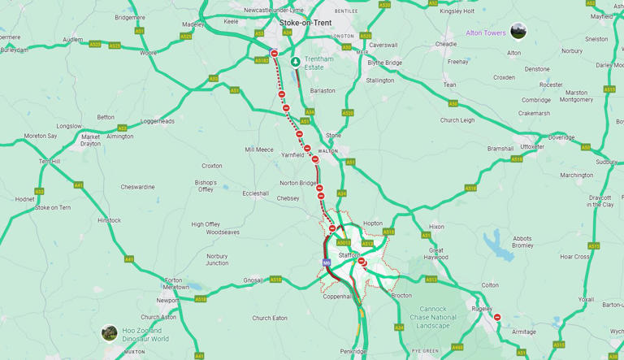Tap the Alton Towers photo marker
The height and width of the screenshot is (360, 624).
tap(518, 33)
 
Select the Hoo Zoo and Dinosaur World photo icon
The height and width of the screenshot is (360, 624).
tap(110, 333)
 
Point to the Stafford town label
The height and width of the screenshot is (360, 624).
tap(349, 255)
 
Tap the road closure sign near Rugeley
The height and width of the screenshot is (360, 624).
tap(497, 318)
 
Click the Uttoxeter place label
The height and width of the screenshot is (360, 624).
tap(532, 146)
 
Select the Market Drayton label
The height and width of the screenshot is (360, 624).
tap(91, 140)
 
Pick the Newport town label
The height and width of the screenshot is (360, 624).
tap(167, 300)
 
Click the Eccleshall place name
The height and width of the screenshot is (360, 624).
tap(255, 193)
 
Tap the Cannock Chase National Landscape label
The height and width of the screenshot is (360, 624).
tap(433, 318)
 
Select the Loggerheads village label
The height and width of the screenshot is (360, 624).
tap(158, 121)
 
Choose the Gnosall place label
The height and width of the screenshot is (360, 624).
tap(253, 280)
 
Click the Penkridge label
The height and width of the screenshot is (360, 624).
tap(353, 351)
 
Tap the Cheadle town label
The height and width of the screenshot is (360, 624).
tap(446, 44)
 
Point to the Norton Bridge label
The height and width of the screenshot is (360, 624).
tap(298, 183)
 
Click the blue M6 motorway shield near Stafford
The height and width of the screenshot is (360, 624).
tap(327, 263)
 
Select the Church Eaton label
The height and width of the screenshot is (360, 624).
tap(270, 318)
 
